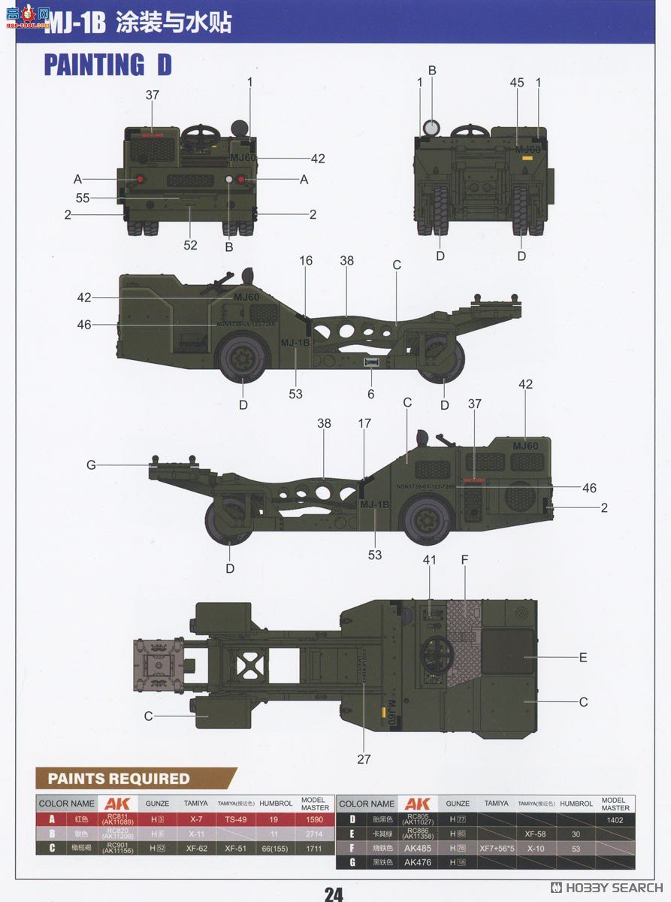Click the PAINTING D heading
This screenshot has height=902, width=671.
(x=107, y=65)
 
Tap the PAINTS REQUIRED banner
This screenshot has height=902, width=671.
(x=119, y=778)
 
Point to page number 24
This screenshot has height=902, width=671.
(x=334, y=893)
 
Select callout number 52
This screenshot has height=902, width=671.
(x=190, y=245)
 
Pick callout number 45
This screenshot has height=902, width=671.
(x=517, y=83)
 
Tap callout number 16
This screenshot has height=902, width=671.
(x=306, y=261)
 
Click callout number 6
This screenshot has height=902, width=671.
(x=370, y=394)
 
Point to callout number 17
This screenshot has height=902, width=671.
(x=364, y=424)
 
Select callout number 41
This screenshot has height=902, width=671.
(x=429, y=559)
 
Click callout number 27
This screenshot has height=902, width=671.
(x=364, y=759)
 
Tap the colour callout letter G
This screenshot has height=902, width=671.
(x=91, y=465)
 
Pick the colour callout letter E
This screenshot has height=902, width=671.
(x=582, y=657)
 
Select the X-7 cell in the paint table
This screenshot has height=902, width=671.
(x=196, y=820)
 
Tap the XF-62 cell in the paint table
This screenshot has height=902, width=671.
(x=196, y=847)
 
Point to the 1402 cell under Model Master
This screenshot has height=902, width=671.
(x=615, y=820)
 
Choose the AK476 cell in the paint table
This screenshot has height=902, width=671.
(x=418, y=862)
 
